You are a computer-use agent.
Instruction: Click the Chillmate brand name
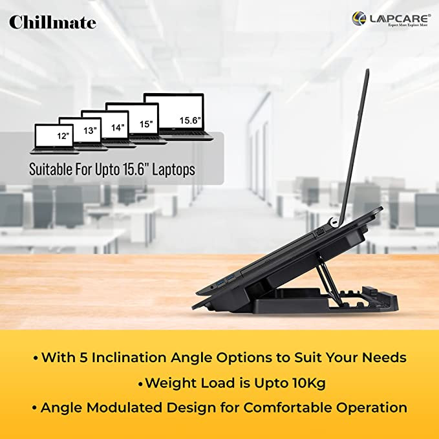tap(52, 23)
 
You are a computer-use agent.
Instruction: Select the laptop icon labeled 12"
tap(56, 138)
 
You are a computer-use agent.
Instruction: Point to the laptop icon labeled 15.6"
tap(178, 116)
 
